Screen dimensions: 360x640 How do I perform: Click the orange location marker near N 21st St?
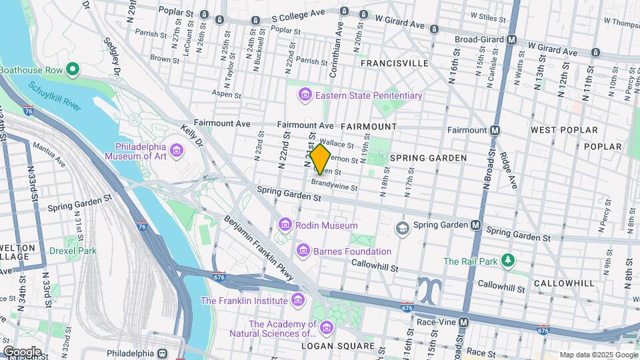point(320,159)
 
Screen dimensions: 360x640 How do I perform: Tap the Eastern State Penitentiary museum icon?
point(305,95)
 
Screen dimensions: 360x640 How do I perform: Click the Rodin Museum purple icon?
point(286,225)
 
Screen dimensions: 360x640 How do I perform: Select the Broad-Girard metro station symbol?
point(511,39)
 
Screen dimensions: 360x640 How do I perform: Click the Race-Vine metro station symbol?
point(465,322)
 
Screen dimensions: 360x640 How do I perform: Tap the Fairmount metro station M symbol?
point(495,130)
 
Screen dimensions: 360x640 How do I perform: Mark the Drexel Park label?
point(73,251)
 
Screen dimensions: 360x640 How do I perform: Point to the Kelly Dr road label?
point(193,136)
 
